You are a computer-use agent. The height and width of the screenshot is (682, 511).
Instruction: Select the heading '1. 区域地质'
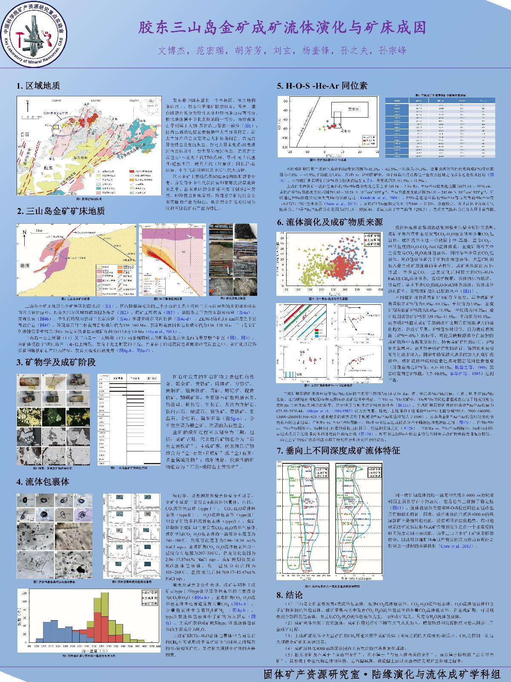[38, 86]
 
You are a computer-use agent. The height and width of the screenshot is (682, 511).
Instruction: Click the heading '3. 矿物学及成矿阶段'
[56, 363]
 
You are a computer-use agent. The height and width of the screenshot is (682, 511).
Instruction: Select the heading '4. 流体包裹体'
[43, 482]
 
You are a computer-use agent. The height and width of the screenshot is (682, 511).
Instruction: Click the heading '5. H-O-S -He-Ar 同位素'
[322, 86]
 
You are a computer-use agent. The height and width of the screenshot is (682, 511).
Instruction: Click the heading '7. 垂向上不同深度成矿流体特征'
[339, 451]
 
